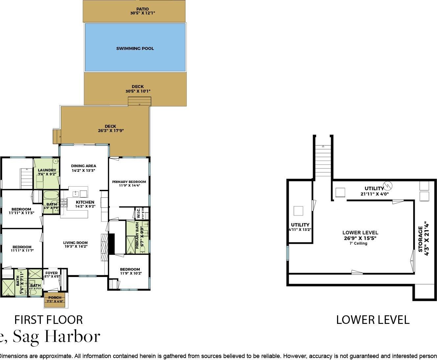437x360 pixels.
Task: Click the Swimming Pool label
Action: point(135,49)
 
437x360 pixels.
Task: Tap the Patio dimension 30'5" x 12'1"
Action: point(142,13)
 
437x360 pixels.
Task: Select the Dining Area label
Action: point(84,166)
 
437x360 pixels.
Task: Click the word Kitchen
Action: point(85,202)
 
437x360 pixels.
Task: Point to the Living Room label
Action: point(75,243)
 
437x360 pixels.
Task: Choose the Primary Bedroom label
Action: point(129,182)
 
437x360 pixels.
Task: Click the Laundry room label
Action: point(47,170)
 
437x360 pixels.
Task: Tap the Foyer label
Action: point(52,273)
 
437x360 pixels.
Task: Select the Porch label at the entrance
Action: point(55,298)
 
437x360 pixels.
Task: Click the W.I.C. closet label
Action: point(138,213)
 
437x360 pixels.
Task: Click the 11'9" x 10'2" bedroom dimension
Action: point(131,273)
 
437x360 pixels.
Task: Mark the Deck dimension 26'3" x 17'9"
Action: point(110,131)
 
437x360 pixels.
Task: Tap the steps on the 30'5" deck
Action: point(139,101)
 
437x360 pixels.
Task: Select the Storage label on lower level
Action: point(421,239)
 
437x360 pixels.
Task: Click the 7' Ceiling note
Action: point(358,243)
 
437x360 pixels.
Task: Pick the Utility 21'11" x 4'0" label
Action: point(374,189)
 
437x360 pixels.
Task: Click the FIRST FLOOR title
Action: point(48,320)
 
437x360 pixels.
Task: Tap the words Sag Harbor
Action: point(56,336)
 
